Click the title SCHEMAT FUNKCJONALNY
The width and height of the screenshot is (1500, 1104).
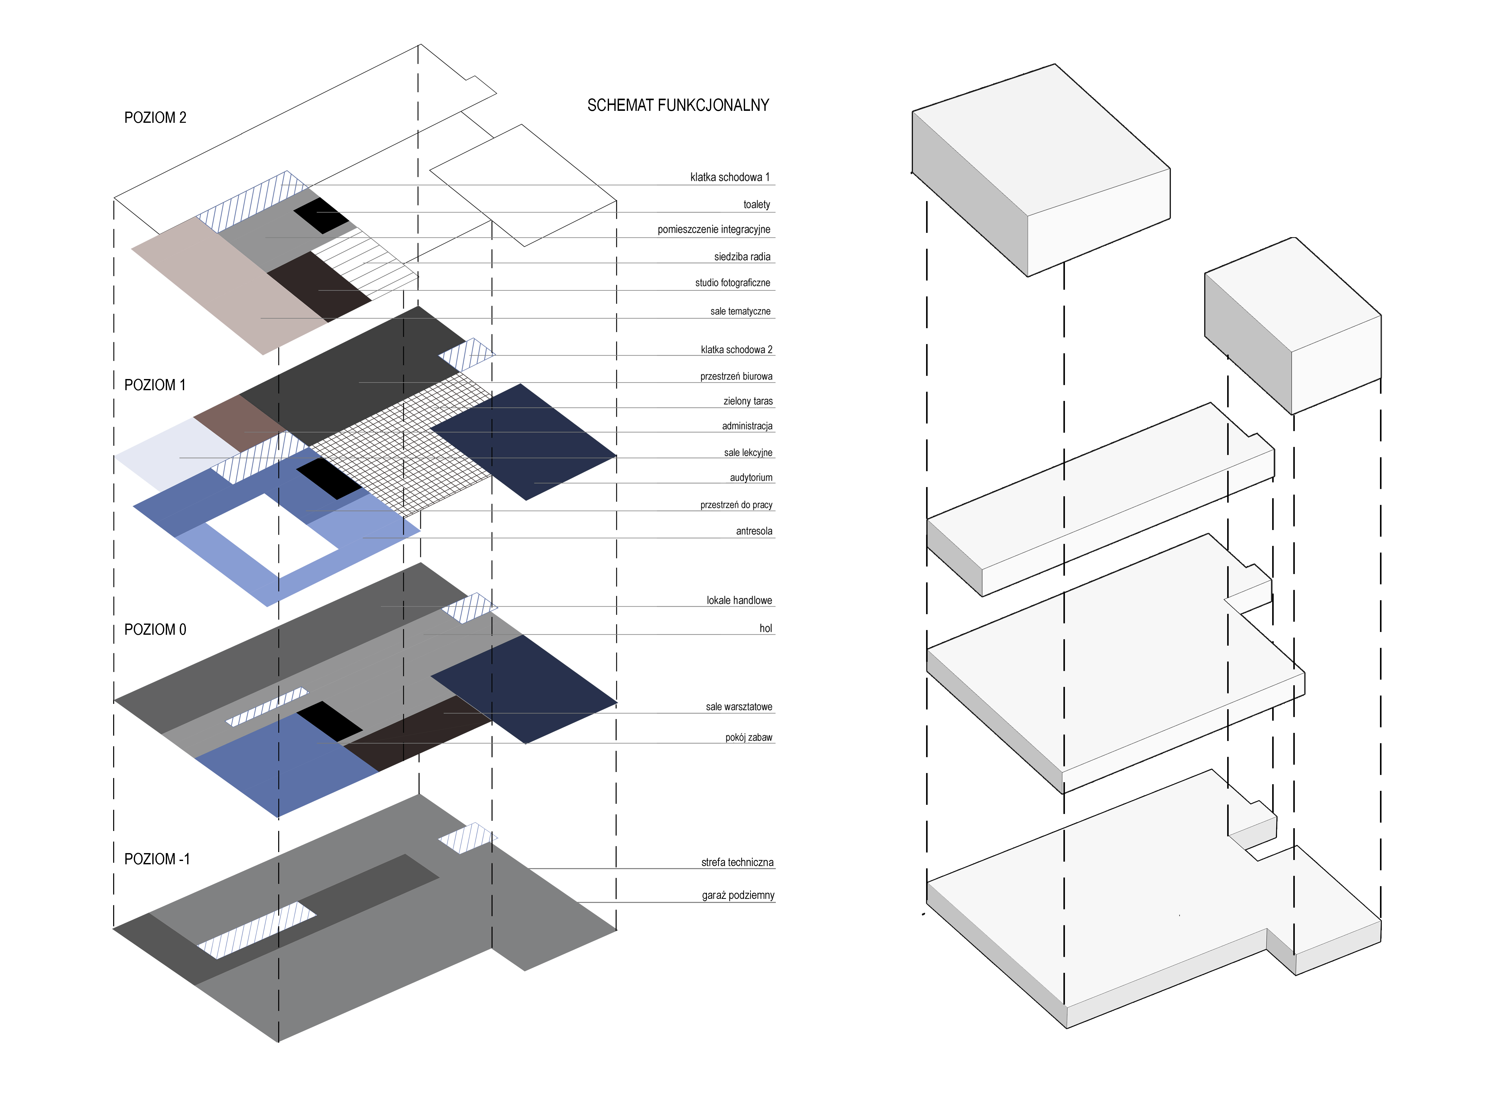click(678, 105)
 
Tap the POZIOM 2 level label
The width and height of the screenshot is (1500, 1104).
click(155, 118)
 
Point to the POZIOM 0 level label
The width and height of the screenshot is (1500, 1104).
click(155, 629)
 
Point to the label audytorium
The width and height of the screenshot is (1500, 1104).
click(751, 477)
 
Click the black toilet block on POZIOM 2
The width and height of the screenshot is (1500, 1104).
click(321, 215)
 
